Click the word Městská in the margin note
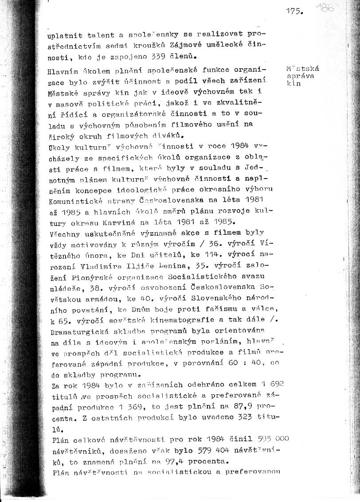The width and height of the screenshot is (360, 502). click(303, 69)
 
